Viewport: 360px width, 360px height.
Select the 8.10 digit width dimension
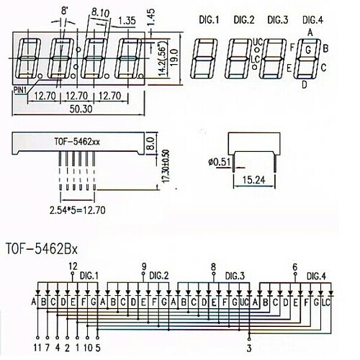100,12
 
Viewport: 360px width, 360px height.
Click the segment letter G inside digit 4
308,50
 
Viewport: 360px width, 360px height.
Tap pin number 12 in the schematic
73,266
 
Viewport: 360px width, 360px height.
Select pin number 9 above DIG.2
144,266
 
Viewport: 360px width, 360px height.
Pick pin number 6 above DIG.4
295,266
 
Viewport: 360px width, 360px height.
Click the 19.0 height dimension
175,62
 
